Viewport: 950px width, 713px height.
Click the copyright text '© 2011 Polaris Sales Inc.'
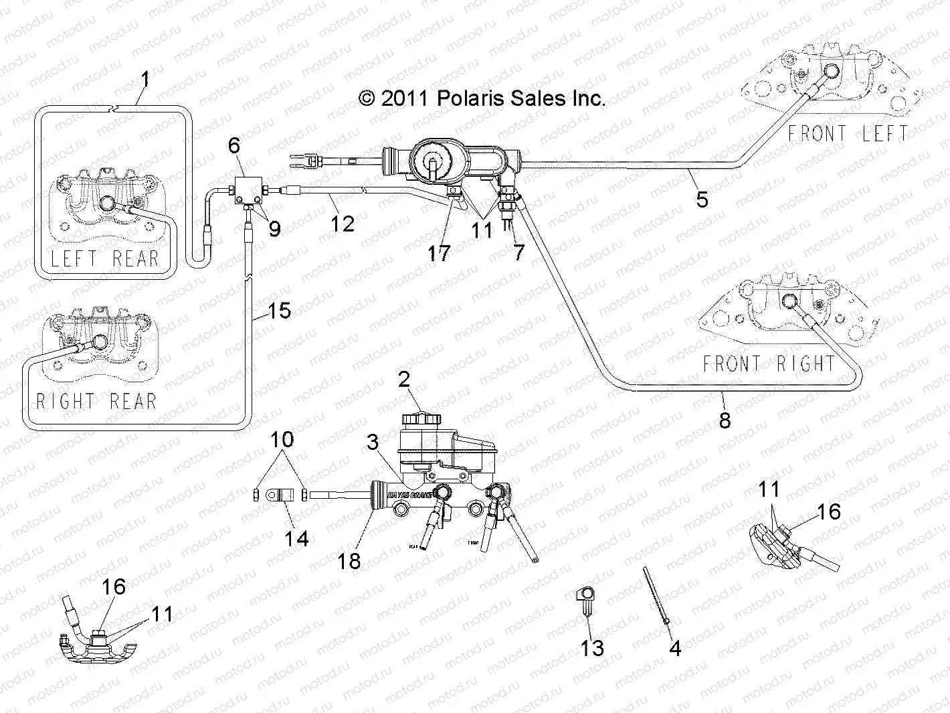point(482,98)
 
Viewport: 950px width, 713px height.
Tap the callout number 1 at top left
point(145,80)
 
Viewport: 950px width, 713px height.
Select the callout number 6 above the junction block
point(233,145)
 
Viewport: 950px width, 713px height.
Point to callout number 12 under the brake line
point(343,223)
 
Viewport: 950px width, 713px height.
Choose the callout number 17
point(440,252)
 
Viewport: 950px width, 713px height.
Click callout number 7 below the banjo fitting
point(519,252)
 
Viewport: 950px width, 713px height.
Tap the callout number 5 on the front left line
point(702,199)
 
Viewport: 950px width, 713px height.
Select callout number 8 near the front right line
point(725,420)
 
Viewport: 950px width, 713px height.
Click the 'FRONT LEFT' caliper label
point(847,133)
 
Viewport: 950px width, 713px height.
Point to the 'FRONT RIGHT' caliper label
point(769,364)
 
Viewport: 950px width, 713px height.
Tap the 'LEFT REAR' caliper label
point(104,258)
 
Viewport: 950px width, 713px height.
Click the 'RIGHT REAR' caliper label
point(96,402)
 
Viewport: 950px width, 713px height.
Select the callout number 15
point(280,311)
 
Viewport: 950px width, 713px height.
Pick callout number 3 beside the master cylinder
point(373,442)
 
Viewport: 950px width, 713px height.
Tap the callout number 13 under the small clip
point(593,647)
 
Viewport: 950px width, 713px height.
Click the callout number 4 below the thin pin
point(675,647)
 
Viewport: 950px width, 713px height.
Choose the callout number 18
point(349,560)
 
